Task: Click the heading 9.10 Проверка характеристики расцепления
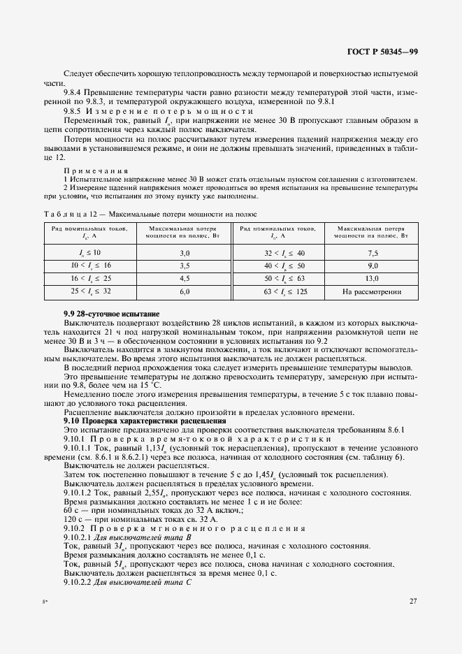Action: (145, 421)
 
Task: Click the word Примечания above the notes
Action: (91, 170)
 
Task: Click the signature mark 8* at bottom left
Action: (45, 601)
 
